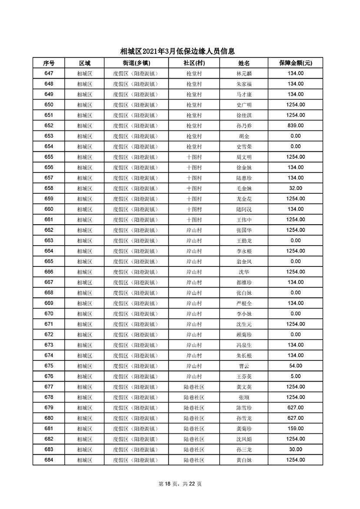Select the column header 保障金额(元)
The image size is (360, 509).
click(x=296, y=63)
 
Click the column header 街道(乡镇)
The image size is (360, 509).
click(x=135, y=63)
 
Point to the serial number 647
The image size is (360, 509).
click(x=49, y=73)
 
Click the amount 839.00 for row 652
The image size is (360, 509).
click(x=296, y=126)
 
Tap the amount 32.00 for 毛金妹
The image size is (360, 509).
click(x=296, y=188)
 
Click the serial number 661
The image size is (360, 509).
click(x=49, y=220)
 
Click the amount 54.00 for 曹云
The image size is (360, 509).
click(x=296, y=366)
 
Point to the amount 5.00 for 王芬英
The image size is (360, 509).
click(x=296, y=376)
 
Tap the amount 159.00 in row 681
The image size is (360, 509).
click(x=296, y=429)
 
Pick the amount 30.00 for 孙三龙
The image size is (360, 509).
click(x=296, y=449)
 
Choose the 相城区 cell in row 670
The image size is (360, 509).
click(x=84, y=314)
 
